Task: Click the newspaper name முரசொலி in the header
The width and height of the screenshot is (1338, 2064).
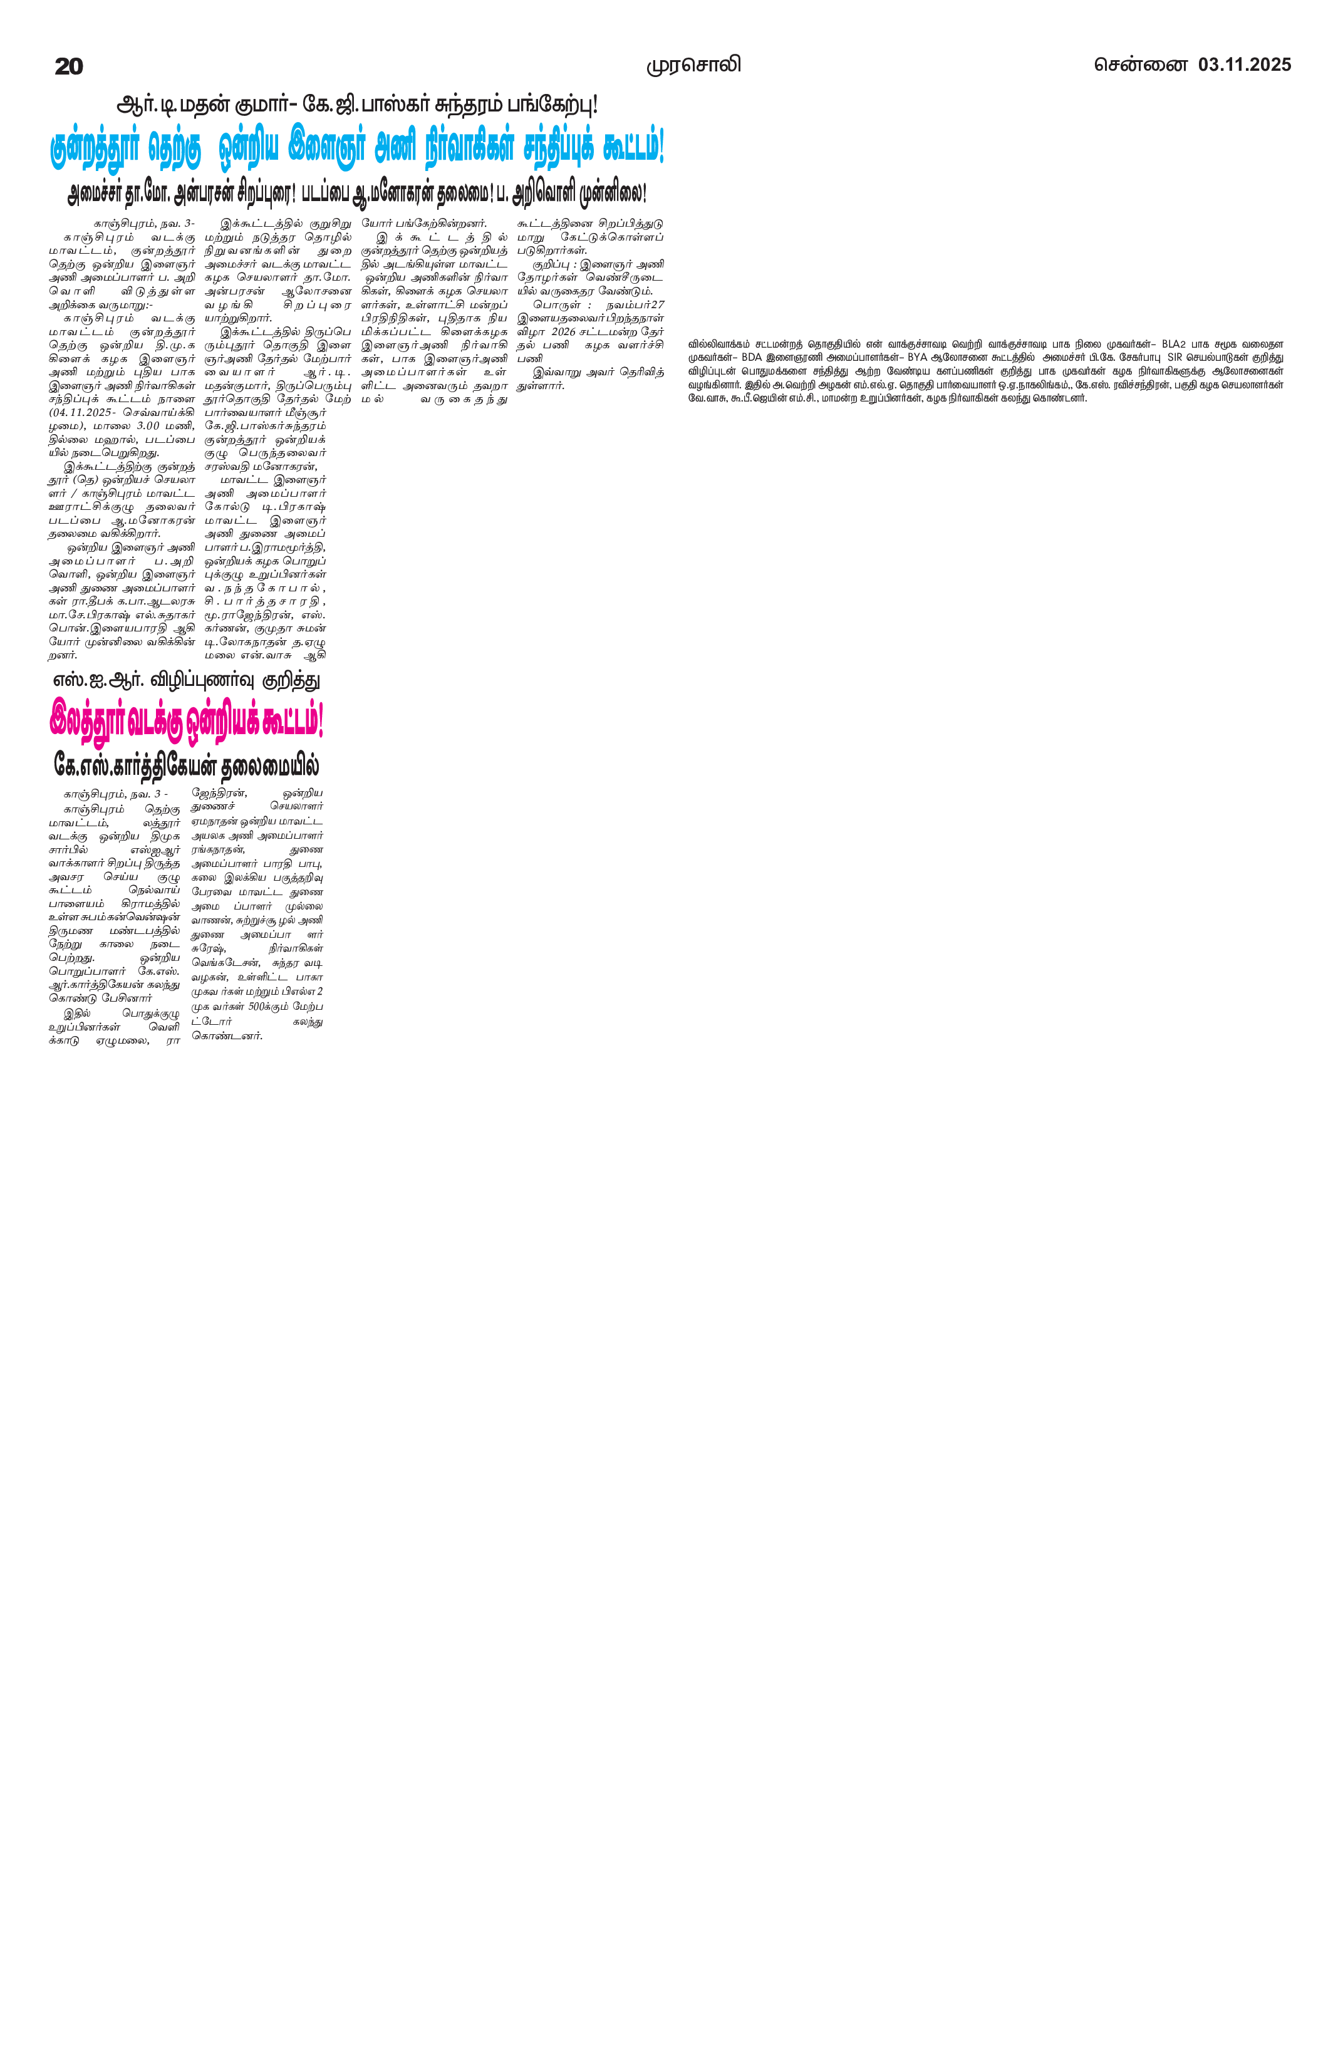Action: click(693, 65)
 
